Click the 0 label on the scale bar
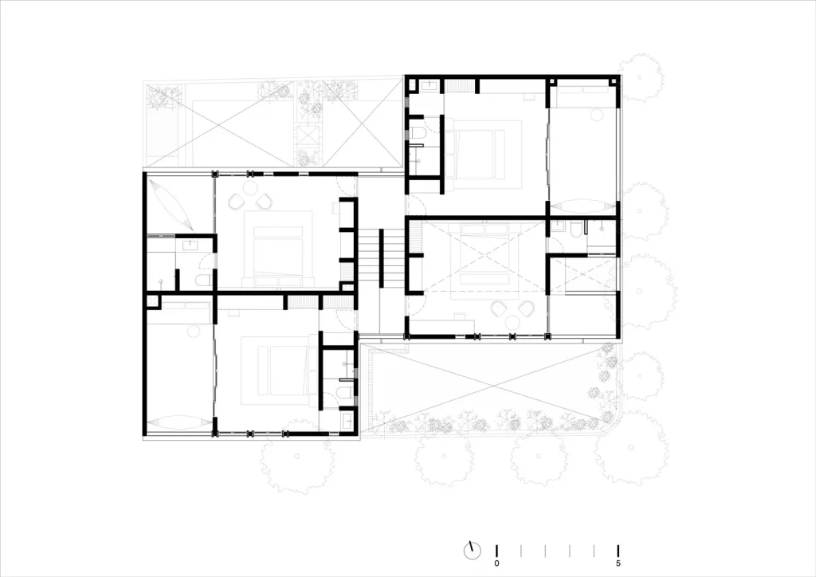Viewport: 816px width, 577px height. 496,563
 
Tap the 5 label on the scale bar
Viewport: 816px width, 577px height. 618,563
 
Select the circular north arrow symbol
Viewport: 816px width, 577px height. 473,550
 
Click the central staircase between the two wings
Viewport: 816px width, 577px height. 381,258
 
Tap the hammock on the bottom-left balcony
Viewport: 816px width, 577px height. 178,423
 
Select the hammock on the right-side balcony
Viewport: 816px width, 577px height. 583,204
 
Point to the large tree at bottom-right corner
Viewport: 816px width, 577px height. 630,450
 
